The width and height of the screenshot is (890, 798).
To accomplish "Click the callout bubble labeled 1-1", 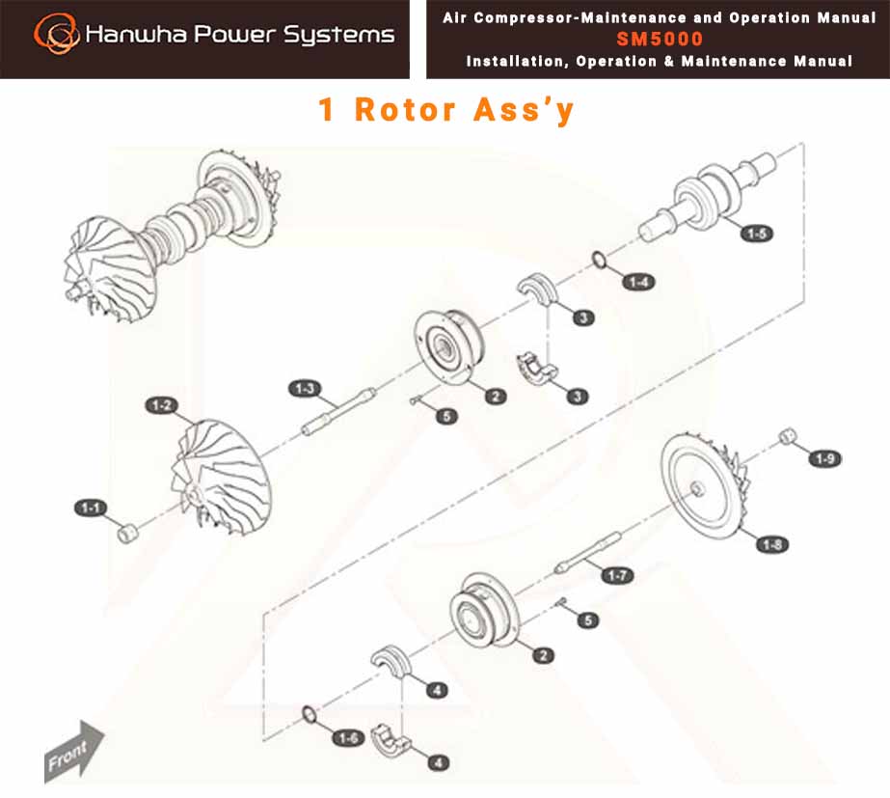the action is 91,508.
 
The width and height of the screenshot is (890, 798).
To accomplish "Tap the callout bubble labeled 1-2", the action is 162,405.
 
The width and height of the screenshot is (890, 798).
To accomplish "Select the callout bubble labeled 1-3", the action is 305,389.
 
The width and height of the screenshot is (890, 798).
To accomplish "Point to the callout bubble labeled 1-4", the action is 638,282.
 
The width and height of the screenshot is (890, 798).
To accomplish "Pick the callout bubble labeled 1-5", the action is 757,233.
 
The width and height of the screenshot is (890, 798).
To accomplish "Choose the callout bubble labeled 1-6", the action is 348,738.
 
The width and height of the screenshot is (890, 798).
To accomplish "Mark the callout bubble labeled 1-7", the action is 617,575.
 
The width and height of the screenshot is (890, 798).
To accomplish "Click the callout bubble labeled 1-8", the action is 772,544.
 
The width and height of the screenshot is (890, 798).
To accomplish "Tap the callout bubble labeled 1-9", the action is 824,458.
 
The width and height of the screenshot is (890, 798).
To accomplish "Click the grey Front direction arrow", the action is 74,753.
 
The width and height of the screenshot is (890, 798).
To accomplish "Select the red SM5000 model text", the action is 660,39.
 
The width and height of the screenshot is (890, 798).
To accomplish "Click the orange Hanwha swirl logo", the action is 55,34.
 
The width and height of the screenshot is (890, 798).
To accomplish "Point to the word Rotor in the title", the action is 405,109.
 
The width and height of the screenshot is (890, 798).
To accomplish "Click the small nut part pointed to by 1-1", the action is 127,534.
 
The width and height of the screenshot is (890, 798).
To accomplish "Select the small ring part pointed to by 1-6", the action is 309,715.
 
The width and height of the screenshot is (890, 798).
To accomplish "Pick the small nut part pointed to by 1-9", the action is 787,436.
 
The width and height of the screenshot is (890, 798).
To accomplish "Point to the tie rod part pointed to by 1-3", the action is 338,411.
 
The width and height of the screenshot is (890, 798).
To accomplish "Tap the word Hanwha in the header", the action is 136,34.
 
